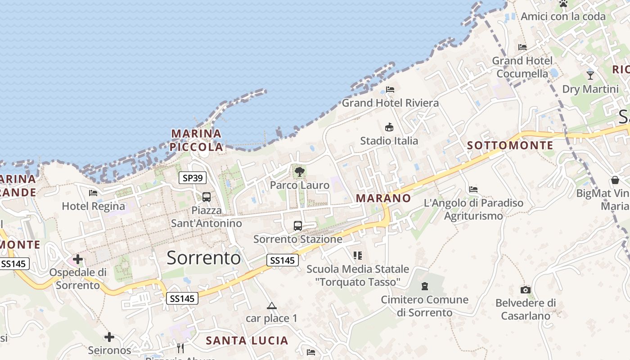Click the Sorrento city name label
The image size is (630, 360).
click(x=203, y=257)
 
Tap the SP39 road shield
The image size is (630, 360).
click(x=193, y=178)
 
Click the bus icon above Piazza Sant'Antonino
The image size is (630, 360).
click(x=207, y=197)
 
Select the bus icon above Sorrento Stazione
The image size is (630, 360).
click(x=297, y=225)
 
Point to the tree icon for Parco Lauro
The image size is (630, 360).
click(x=299, y=171)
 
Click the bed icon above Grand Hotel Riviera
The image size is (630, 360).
click(x=390, y=89)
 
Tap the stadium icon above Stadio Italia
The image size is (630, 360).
click(x=389, y=127)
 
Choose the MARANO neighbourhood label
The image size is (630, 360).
click(x=383, y=198)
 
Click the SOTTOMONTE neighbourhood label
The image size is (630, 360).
click(x=510, y=145)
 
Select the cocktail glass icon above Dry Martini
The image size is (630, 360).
click(x=590, y=75)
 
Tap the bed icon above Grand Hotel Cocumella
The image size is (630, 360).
click(x=522, y=47)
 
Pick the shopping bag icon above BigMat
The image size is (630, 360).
click(x=615, y=180)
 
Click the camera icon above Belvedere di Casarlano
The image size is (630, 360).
click(x=525, y=290)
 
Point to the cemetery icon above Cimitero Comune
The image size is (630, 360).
click(x=424, y=286)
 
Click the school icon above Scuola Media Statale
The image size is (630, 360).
click(x=358, y=256)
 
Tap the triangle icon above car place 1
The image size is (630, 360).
click(x=271, y=306)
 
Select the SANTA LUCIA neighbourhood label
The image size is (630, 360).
click(x=247, y=341)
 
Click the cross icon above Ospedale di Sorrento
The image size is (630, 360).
click(x=78, y=259)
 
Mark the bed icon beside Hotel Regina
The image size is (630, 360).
click(x=93, y=193)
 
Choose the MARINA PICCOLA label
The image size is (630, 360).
click(x=197, y=140)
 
